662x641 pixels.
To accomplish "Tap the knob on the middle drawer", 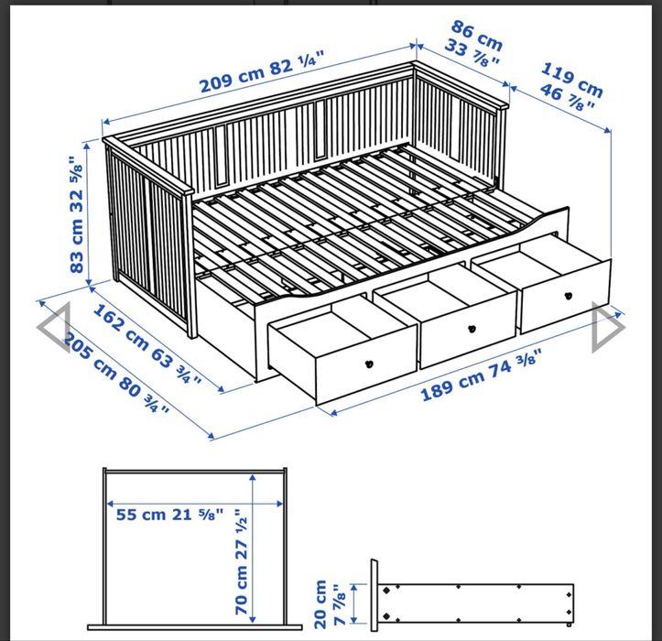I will click(x=472, y=328).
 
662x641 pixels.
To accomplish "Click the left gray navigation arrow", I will click(x=52, y=328).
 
